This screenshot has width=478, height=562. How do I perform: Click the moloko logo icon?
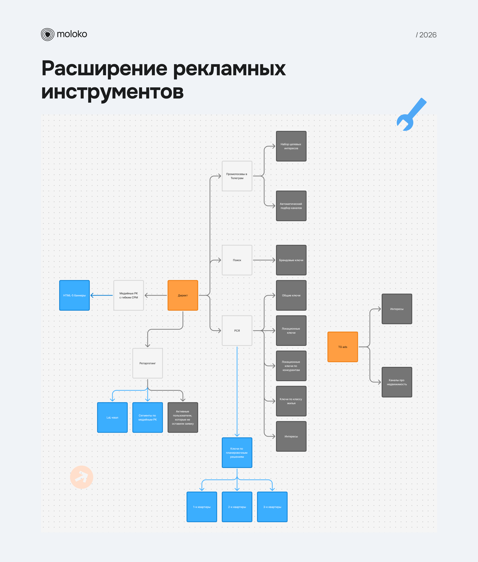48,34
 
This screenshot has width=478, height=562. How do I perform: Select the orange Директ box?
183,295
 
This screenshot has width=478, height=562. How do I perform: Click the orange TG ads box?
343,347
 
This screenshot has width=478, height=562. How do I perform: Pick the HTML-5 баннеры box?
74,295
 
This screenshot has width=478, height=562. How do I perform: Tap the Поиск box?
237,260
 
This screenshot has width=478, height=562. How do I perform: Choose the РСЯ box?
237,331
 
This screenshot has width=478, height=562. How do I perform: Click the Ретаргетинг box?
147,363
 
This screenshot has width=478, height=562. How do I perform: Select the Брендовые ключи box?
291,260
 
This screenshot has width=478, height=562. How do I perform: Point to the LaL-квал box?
112,417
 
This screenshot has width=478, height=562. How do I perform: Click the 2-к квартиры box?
237,507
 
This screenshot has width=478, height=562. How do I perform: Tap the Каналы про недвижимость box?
397,382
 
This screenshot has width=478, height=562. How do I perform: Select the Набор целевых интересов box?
291,146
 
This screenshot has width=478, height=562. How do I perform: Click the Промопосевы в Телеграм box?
237,176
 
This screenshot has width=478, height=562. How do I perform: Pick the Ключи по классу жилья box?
291,401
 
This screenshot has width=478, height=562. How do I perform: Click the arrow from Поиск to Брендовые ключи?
264,260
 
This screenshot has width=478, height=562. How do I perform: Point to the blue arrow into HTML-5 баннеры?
102,295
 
